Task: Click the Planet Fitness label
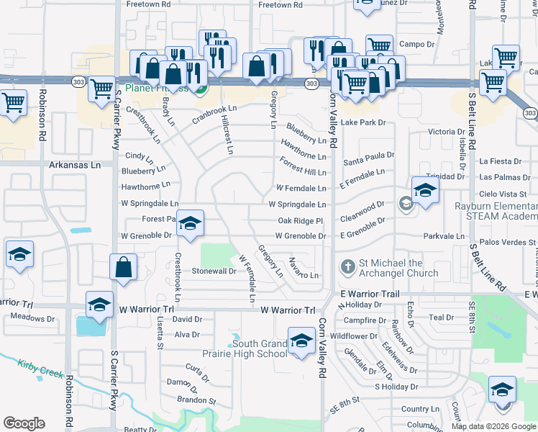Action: click(x=156, y=89)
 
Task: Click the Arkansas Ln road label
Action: click(x=75, y=165)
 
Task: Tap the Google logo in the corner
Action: click(x=24, y=423)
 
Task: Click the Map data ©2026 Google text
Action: click(x=493, y=426)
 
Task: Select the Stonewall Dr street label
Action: click(x=214, y=271)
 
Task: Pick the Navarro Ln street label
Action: click(x=303, y=269)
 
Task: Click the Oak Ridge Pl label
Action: click(x=301, y=221)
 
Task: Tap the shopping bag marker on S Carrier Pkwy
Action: click(x=124, y=267)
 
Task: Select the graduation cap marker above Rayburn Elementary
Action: click(x=425, y=191)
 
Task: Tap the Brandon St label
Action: click(x=197, y=400)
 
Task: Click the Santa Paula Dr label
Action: click(x=368, y=155)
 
